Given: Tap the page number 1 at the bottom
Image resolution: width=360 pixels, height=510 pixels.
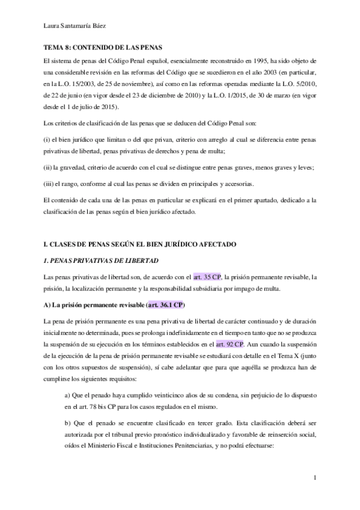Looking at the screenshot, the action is click(315, 478).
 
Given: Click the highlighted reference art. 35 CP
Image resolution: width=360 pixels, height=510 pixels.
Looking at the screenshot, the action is click(207, 277).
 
